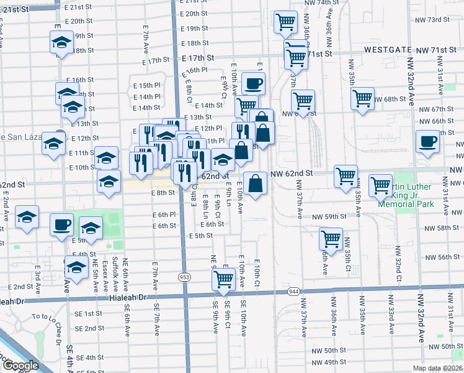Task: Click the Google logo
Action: click(x=20, y=366)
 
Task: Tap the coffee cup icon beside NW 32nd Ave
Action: click(x=427, y=141)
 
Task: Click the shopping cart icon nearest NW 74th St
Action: click(x=285, y=22)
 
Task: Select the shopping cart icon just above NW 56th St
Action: click(x=331, y=237)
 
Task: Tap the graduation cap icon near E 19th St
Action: click(x=61, y=42)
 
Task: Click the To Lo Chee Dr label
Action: click(x=48, y=316)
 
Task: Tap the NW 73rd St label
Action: click(x=432, y=19)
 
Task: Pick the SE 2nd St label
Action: click(x=91, y=328)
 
